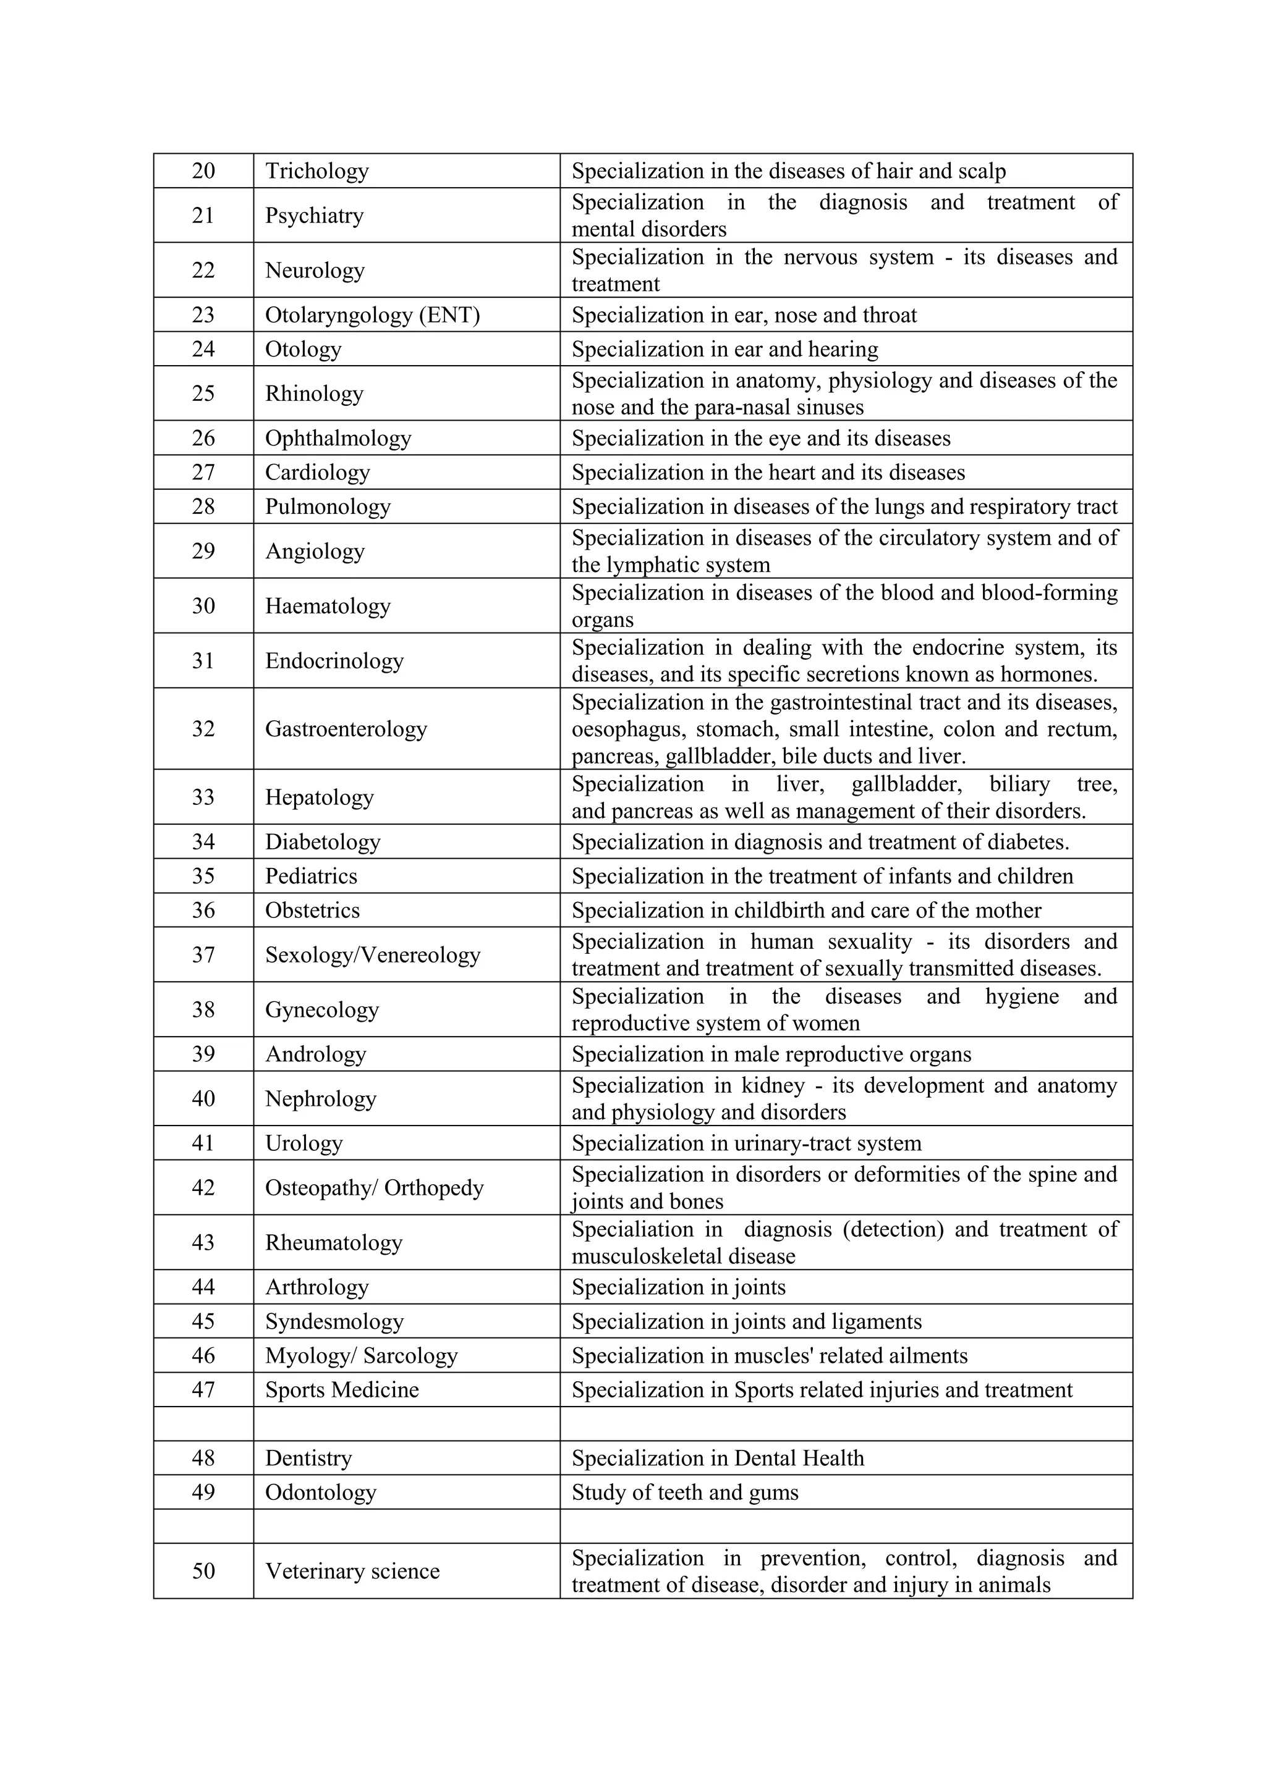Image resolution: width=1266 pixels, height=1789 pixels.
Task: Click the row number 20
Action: point(203,170)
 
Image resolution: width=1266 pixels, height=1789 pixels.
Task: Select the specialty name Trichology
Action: point(316,170)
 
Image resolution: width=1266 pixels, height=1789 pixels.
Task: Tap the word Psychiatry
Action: point(314,215)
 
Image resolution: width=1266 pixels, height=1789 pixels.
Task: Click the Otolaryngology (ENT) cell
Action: point(372,315)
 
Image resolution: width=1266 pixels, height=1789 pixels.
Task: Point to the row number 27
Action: point(203,472)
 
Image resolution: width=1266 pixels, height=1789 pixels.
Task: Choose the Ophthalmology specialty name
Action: point(338,438)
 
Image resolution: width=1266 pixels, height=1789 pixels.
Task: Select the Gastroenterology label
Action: point(346,728)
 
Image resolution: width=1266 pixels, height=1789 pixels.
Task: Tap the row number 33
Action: point(203,797)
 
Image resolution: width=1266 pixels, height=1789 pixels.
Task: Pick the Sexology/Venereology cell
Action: point(372,954)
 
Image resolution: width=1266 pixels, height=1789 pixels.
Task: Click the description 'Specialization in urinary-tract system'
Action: point(746,1143)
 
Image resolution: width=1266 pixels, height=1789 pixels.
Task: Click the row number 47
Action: point(203,1390)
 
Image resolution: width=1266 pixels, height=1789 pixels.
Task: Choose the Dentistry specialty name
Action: point(308,1459)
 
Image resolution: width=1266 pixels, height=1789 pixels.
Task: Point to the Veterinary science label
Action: point(352,1572)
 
